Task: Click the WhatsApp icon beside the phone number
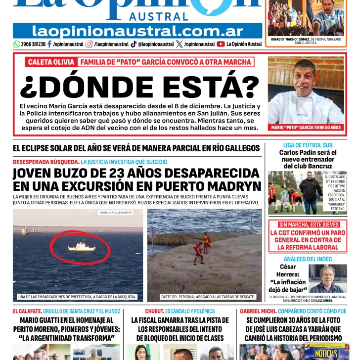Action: (x=17, y=44)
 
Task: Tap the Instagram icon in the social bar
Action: (x=89, y=44)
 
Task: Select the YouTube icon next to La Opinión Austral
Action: (x=221, y=44)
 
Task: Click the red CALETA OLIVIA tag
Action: (x=51, y=62)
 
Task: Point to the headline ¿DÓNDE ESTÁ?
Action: (x=139, y=87)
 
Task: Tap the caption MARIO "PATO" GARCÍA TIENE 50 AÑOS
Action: (x=306, y=128)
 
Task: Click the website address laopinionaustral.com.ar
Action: (x=137, y=31)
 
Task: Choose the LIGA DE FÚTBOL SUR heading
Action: (x=308, y=145)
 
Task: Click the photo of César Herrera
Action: (x=327, y=278)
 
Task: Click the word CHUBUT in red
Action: (x=154, y=312)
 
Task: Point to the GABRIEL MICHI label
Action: (x=258, y=312)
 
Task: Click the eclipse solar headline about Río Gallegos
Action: (x=136, y=148)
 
